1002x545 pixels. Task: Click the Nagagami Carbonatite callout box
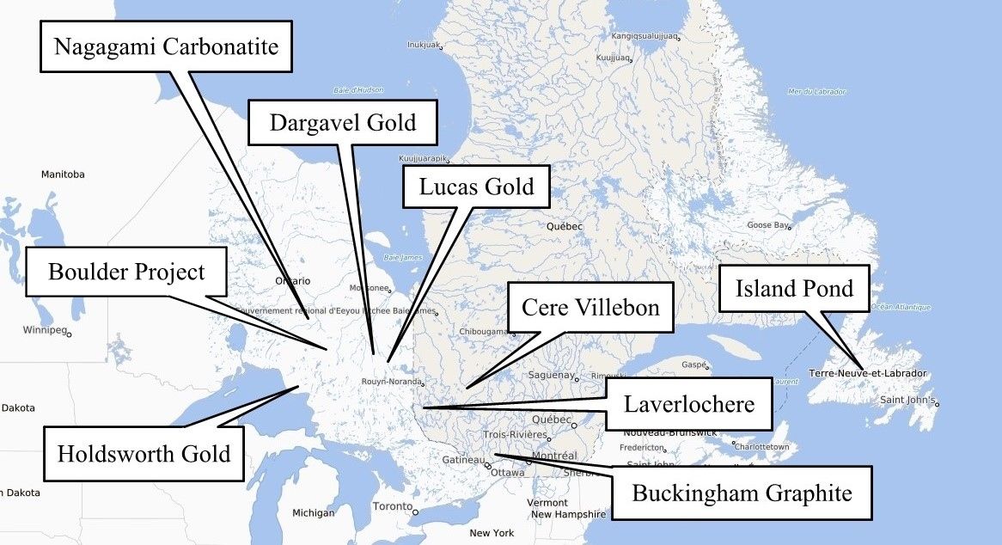coord(166,46)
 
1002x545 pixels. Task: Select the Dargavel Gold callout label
coord(342,122)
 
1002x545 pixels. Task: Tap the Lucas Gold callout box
coord(476,187)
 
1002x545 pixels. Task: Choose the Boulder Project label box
coord(126,272)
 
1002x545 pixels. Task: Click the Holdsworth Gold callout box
coord(144,453)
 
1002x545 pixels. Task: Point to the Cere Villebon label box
coord(590,307)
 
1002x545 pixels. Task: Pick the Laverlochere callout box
coord(688,404)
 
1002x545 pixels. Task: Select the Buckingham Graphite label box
coord(742,493)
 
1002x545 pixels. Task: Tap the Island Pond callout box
coord(794,288)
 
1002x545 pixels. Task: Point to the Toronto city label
coord(392,507)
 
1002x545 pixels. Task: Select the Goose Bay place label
coord(767,225)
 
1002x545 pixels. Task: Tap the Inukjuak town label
coord(423,44)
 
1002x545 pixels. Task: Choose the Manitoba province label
coord(63,175)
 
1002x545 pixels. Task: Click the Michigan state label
coord(313,513)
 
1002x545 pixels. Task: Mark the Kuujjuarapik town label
coord(424,159)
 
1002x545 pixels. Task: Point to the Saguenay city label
coord(551,375)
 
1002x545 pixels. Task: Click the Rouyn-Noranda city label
coord(391,382)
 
